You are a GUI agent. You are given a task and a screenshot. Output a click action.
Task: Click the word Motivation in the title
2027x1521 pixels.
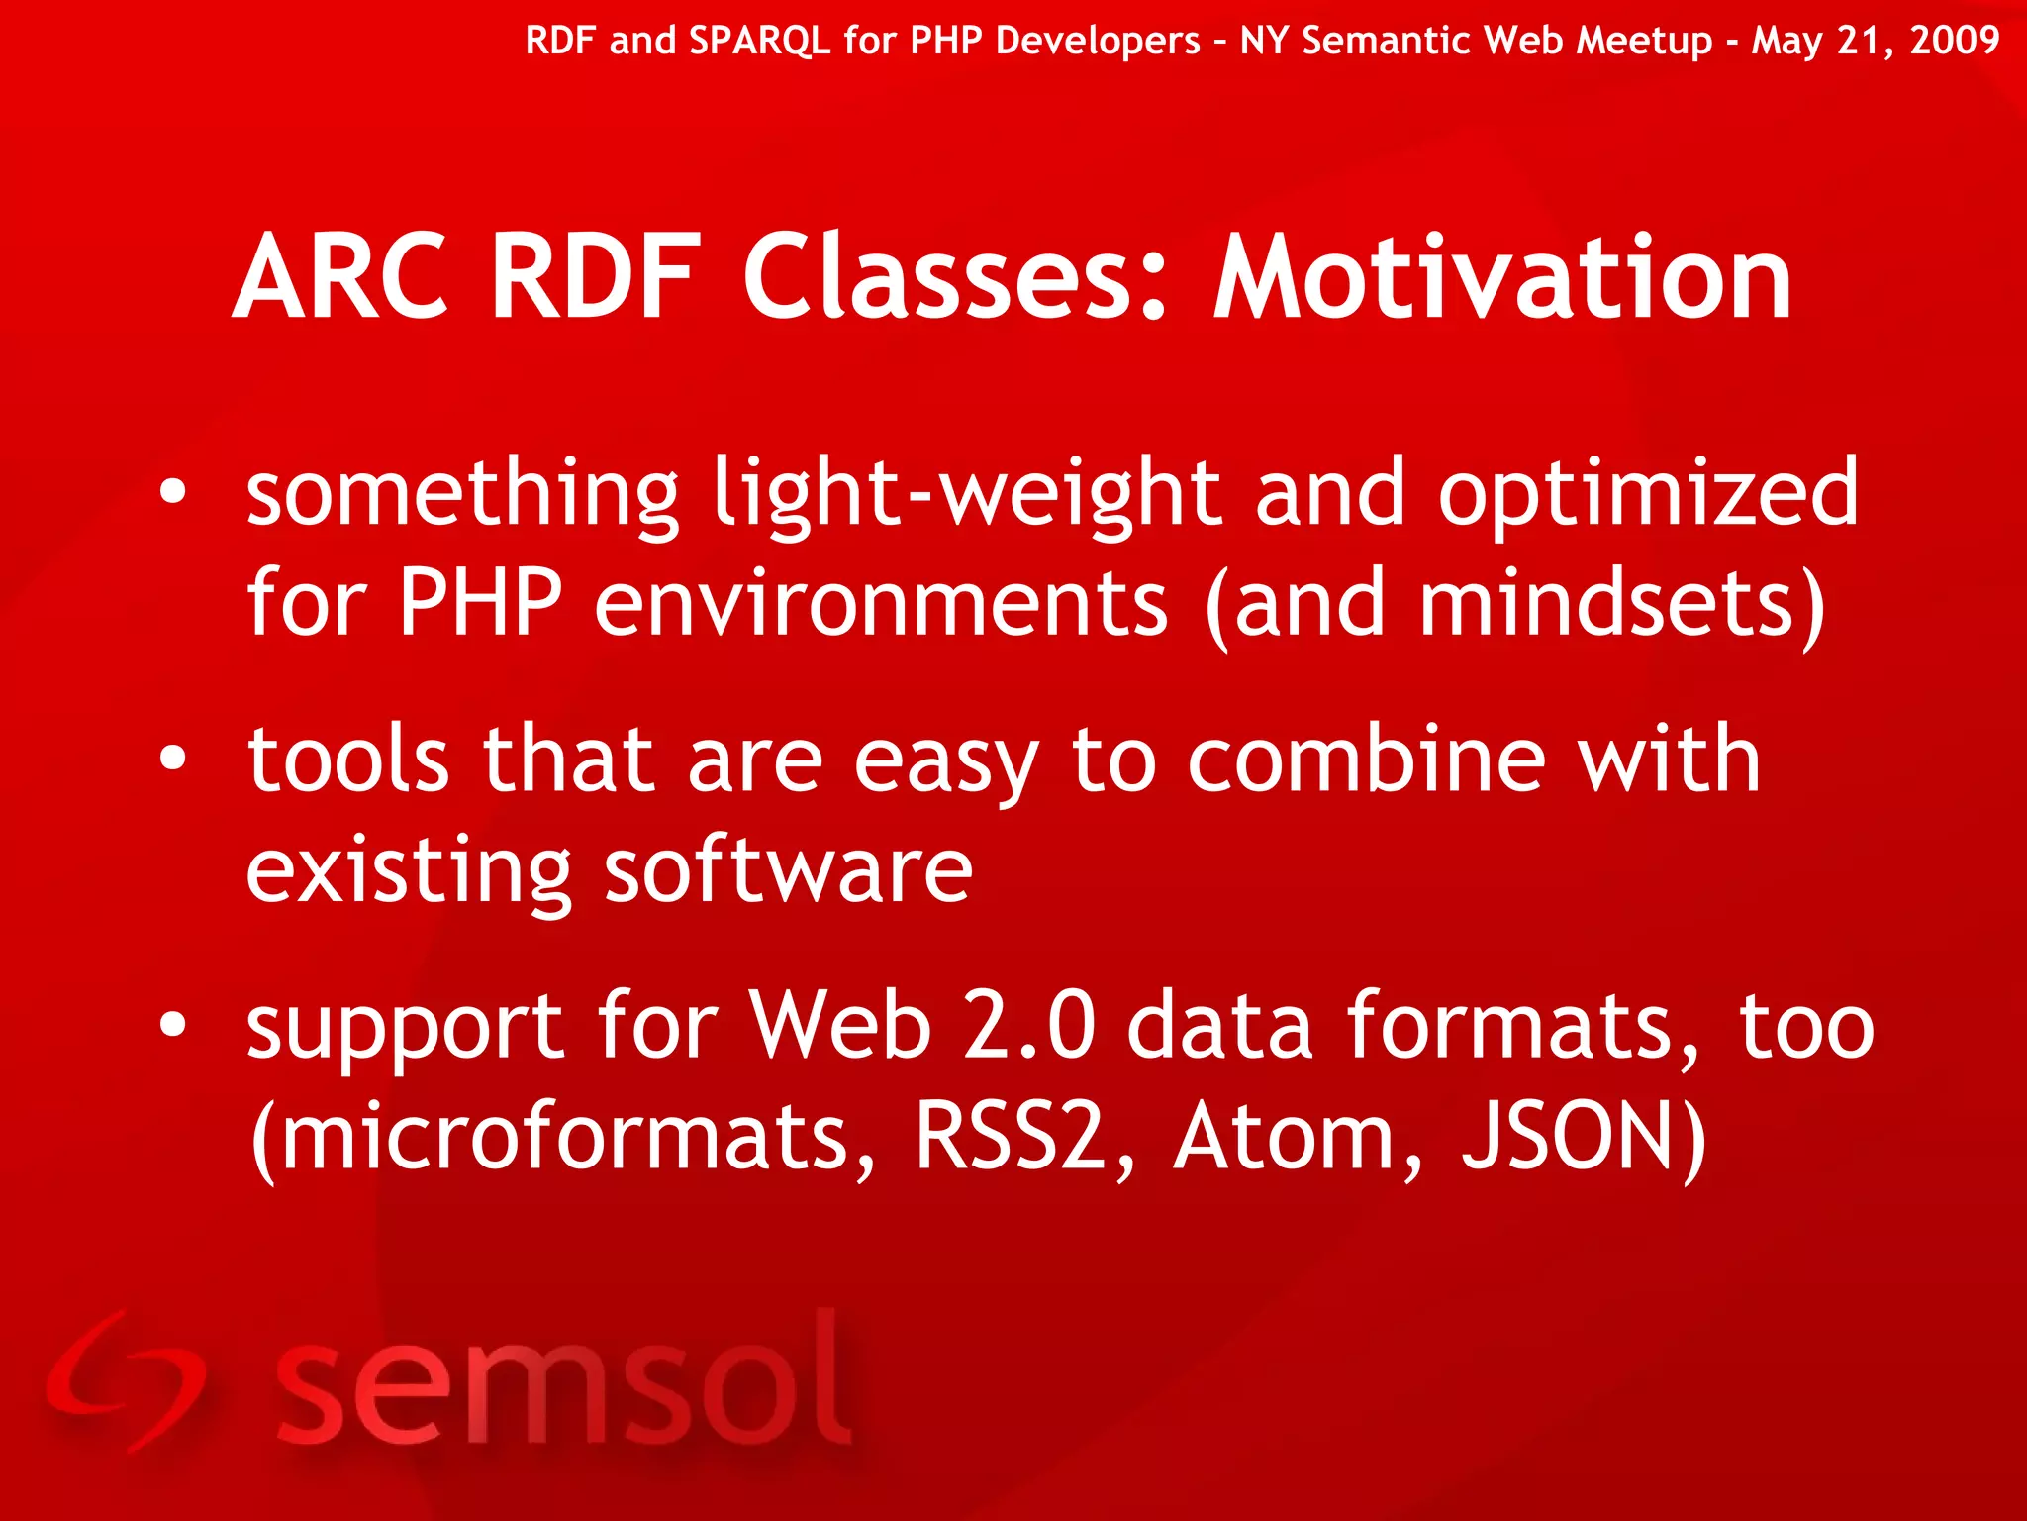click(x=1502, y=279)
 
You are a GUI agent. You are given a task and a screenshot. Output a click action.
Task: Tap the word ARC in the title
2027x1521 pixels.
click(x=340, y=279)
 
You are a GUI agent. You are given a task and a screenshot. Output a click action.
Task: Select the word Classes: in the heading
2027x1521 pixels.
click(x=956, y=279)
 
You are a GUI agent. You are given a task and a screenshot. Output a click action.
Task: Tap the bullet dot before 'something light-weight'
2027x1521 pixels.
click(x=173, y=492)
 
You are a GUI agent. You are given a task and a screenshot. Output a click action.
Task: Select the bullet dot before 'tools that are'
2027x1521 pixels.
click(x=173, y=759)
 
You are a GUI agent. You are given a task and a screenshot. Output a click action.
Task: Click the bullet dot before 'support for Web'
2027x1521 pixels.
click(x=173, y=1026)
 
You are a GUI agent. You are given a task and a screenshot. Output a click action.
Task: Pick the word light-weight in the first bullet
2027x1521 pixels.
click(x=967, y=495)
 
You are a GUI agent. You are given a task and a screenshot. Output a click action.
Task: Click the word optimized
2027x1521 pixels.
click(x=1648, y=495)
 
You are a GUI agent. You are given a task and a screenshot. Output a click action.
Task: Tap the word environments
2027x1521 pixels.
click(x=881, y=604)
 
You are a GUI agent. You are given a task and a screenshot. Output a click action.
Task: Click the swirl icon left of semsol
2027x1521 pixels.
click(x=124, y=1381)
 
